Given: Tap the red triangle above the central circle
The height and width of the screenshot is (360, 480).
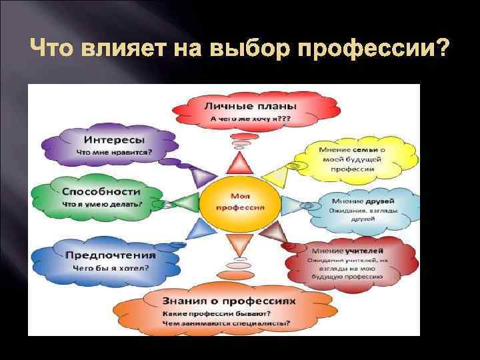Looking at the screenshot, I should click(239, 163).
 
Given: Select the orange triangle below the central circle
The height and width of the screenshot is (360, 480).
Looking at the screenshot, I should click(239, 247).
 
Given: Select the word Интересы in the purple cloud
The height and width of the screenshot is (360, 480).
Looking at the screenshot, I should click(115, 140).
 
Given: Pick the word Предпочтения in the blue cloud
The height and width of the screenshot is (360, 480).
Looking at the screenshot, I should click(110, 255).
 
